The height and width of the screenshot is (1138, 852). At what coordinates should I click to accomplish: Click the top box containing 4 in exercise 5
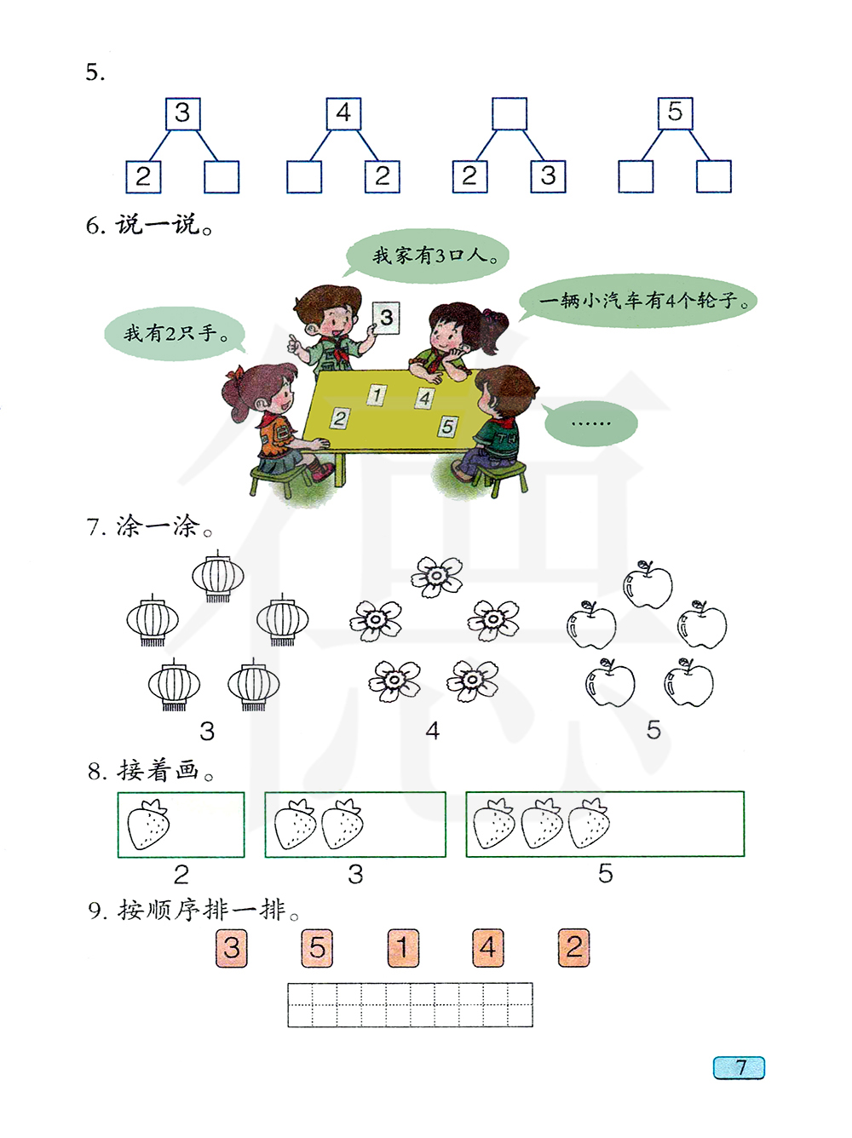(x=343, y=113)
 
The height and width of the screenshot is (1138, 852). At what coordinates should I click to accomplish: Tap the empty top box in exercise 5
(x=509, y=113)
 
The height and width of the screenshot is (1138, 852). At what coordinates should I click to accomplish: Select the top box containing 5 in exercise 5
(x=675, y=112)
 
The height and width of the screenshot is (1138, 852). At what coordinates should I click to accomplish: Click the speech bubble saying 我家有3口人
(x=429, y=255)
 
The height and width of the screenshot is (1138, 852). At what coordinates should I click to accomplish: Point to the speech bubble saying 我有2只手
(x=174, y=333)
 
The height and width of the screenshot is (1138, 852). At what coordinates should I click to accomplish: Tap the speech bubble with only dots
(x=590, y=423)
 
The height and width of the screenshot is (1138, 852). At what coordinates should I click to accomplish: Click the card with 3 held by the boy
(x=386, y=318)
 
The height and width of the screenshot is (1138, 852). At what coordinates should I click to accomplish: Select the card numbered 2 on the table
(x=340, y=417)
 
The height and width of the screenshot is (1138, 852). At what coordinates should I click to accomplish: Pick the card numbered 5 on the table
(x=448, y=426)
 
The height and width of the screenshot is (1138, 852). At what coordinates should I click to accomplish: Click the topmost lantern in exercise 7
(x=218, y=577)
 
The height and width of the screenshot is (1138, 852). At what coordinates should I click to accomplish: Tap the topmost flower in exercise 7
(x=436, y=577)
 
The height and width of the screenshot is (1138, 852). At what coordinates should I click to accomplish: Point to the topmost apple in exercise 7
(x=648, y=585)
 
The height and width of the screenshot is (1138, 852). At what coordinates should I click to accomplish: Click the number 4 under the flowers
(x=433, y=731)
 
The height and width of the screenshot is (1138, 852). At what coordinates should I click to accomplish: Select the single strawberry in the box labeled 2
(x=148, y=825)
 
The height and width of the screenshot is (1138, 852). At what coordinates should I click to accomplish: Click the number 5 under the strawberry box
(x=605, y=873)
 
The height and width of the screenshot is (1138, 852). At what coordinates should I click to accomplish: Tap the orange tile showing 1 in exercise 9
(x=403, y=948)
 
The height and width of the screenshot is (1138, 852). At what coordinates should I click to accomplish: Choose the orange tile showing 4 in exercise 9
(x=487, y=948)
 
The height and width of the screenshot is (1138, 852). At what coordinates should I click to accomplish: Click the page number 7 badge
(x=740, y=1067)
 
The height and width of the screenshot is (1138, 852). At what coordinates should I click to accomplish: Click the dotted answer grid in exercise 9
(x=410, y=1004)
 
